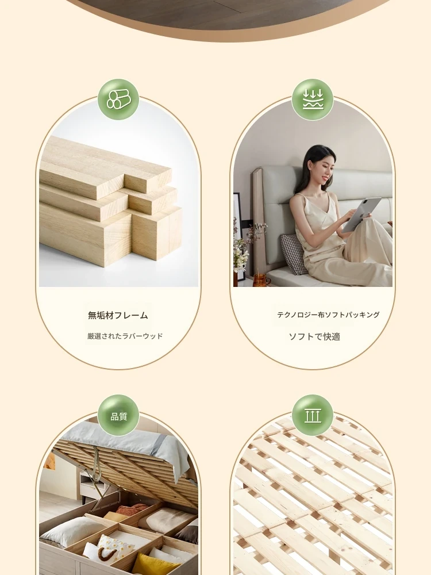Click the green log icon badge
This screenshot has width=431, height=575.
coord(118,99)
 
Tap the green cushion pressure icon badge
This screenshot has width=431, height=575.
coord(313,99)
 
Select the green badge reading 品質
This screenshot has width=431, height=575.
coord(118,416)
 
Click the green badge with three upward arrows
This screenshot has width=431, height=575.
coord(313,416)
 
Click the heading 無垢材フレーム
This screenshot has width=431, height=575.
coord(118,315)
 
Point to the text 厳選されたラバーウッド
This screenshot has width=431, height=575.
coord(125,336)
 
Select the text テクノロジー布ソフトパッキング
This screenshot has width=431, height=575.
coord(328,315)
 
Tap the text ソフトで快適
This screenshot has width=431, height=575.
coord(314,336)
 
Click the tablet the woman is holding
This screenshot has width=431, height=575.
coord(361,214)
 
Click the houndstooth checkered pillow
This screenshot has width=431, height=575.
coord(294,254)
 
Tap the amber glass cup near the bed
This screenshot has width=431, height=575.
coord(260,279)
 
